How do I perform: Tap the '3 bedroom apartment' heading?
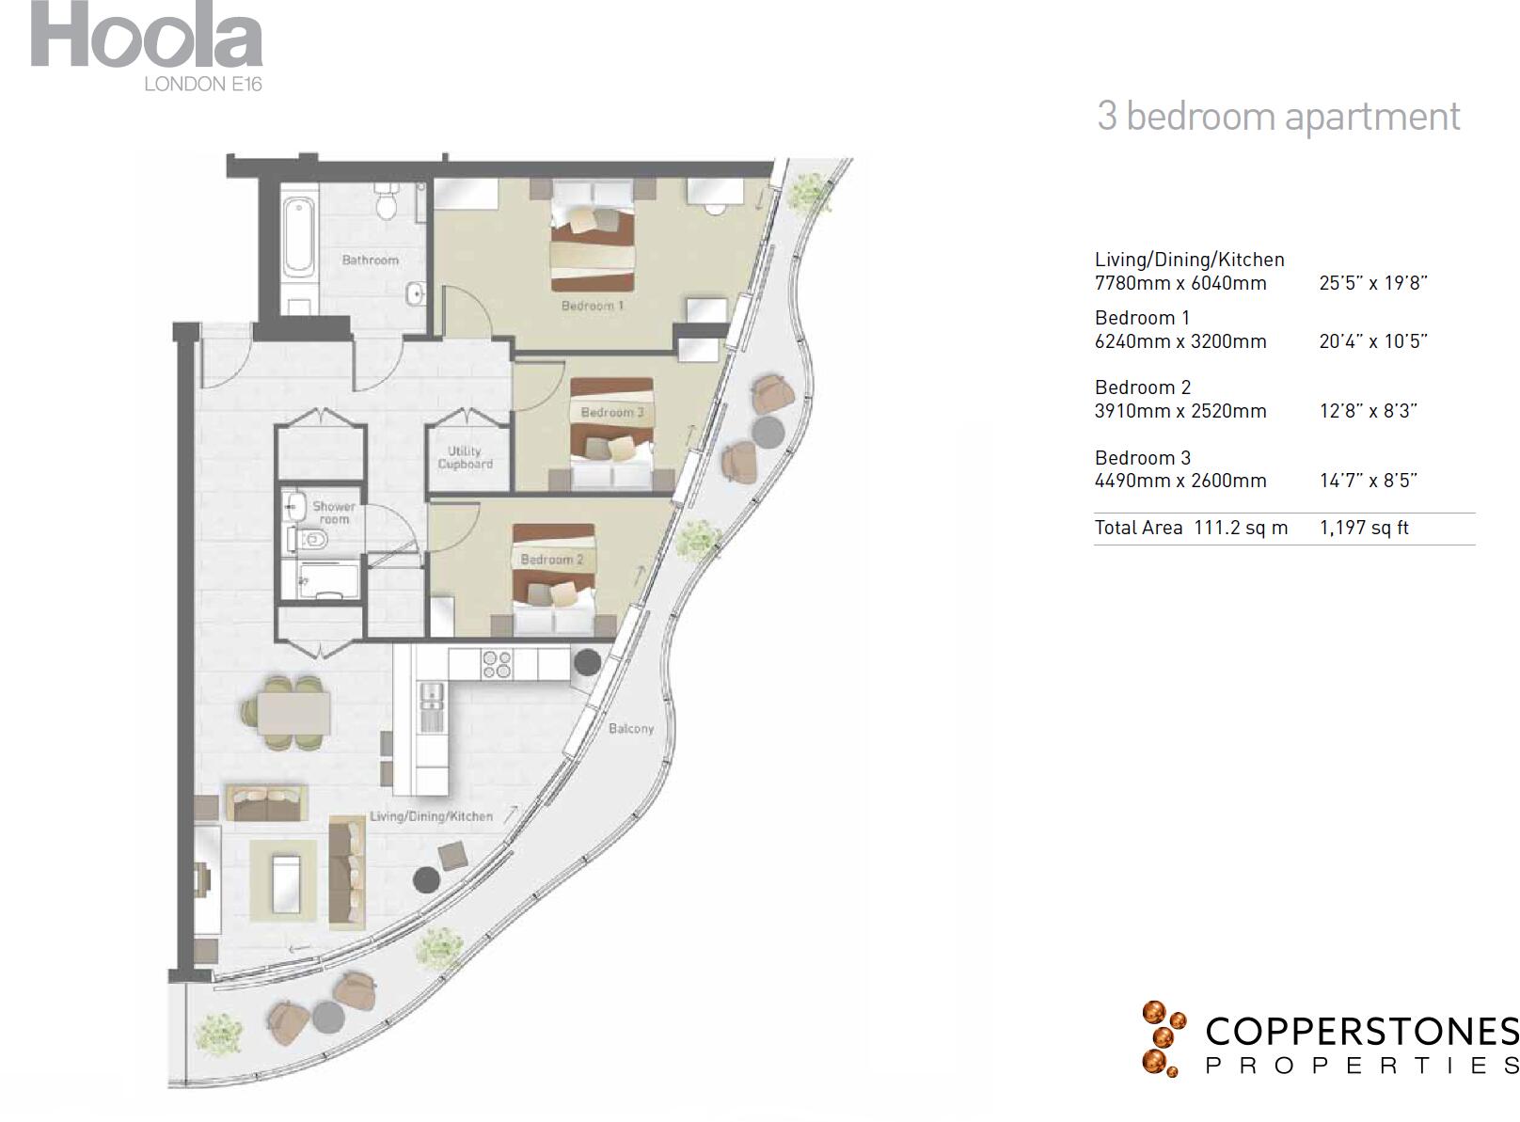coord(1277,117)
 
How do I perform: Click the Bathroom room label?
coord(370,261)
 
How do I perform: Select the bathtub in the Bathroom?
coord(300,235)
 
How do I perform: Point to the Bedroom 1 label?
coord(592,306)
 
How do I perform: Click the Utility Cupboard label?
coord(465,458)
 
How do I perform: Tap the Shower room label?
coord(334,513)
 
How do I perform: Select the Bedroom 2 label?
coord(552,560)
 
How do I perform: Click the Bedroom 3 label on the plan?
coord(612,413)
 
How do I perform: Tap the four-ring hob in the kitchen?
coord(497,665)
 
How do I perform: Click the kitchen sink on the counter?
coord(432,707)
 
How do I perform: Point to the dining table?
coord(293,712)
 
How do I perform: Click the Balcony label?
coord(630,729)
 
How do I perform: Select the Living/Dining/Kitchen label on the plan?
coord(431,816)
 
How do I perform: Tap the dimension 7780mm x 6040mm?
coord(1180,283)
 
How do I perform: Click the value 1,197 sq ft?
coord(1363,528)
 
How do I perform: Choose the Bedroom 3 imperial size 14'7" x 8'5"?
coord(1368,481)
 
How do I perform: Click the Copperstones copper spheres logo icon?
coord(1162,1038)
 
